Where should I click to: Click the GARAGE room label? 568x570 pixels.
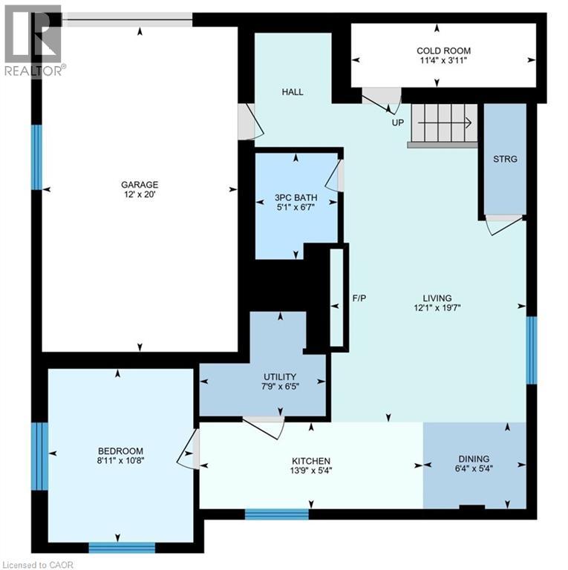click(140, 185)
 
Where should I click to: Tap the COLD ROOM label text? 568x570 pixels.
click(443, 50)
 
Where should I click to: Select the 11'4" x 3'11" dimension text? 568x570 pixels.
click(443, 62)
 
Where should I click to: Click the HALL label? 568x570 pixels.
click(293, 92)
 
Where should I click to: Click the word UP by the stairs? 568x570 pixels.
click(398, 122)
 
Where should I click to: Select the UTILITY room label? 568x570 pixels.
click(280, 377)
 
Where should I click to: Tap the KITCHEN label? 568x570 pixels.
click(310, 461)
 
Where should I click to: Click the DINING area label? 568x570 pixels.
click(473, 459)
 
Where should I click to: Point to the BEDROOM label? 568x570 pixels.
click(120, 451)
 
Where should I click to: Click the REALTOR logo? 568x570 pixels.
click(34, 41)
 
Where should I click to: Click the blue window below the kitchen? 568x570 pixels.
click(276, 514)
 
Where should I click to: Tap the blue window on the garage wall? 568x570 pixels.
click(36, 157)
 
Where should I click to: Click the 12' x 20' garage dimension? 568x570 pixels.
click(140, 195)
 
